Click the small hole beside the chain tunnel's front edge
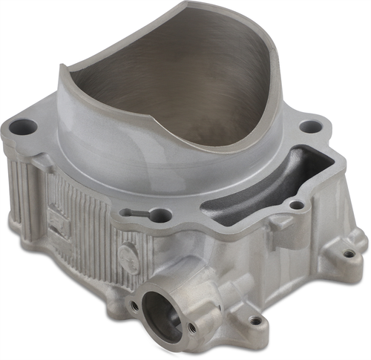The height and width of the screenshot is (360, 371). click(296, 204)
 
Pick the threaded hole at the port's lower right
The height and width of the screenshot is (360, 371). click(191, 327)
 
